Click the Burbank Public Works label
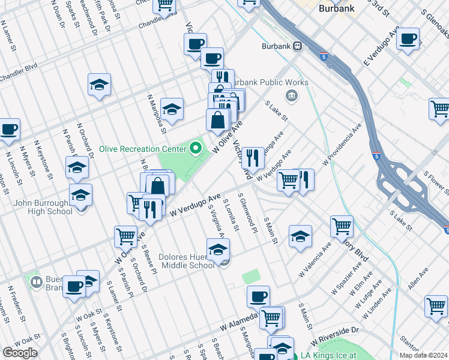click(270, 82)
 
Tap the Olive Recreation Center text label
click(142, 149)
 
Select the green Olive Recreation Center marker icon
click(196, 148)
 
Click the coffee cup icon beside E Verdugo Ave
click(408, 39)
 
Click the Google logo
click(20, 353)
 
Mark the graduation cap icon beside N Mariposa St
click(172, 109)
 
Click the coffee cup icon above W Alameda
click(258, 296)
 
